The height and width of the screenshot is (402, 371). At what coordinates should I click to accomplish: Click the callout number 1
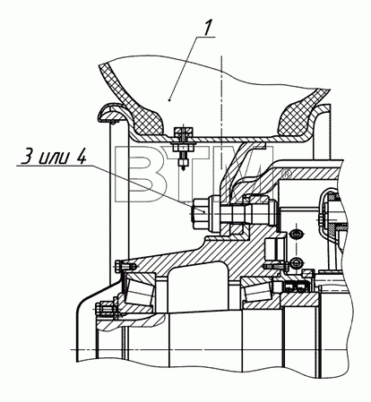point(207,26)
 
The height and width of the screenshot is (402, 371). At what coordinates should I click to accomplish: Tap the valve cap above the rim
point(183,133)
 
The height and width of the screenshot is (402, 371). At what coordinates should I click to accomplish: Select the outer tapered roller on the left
point(140,291)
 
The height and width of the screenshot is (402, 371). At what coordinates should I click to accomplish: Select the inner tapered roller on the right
point(258,290)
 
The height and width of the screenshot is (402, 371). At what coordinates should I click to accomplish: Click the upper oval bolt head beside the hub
point(296,234)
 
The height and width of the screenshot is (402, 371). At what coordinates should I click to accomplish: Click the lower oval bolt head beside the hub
point(296,261)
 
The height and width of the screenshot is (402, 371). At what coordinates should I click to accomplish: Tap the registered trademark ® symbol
point(287,174)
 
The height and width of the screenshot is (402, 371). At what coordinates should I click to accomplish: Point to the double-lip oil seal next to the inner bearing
point(295,287)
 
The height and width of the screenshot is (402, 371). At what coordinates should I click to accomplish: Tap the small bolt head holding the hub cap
point(118,265)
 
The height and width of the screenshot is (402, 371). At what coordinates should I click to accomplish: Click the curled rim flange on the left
point(110,113)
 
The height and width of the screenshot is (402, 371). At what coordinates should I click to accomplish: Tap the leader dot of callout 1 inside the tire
point(169,100)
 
